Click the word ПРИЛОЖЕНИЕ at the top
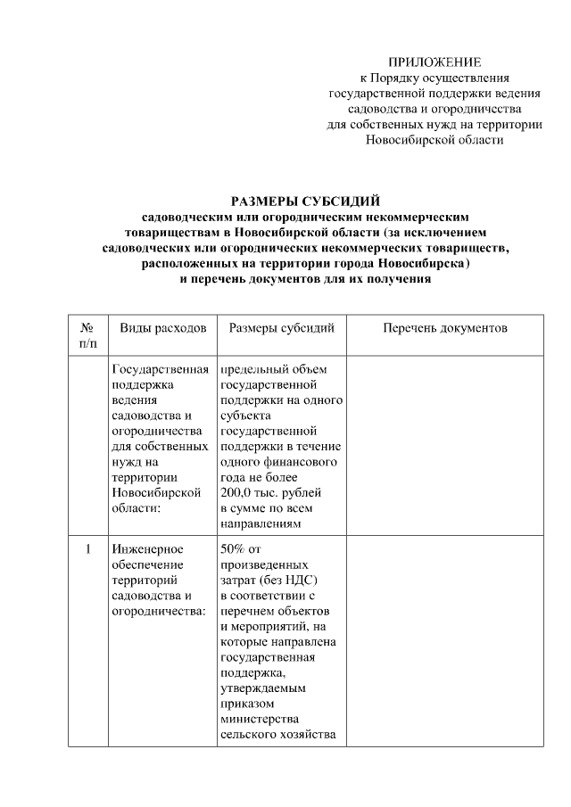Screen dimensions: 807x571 pyautogui.click(x=435, y=62)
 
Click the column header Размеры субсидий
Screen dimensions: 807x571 pyautogui.click(x=282, y=328)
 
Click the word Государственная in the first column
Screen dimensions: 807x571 pyautogui.click(x=161, y=368)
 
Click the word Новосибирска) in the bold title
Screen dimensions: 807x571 pyautogui.click(x=421, y=265)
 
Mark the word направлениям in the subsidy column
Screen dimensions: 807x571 pyautogui.click(x=261, y=523)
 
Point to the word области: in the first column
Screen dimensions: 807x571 pyautogui.click(x=137, y=507)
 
